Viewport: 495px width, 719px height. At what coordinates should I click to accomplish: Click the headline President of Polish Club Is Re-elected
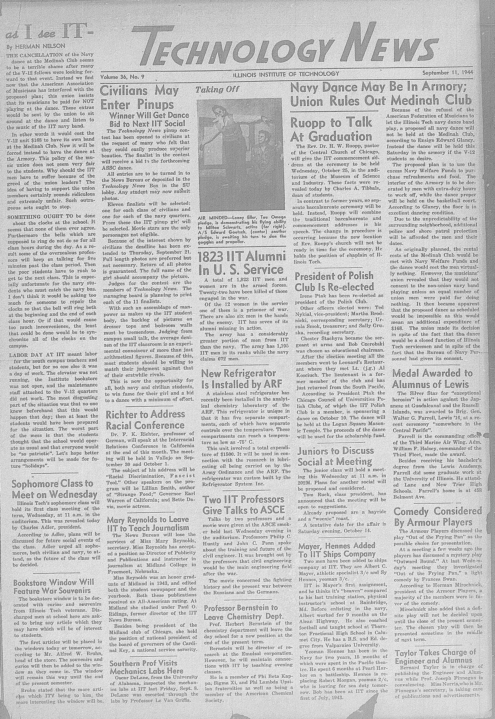[x=334, y=281]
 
